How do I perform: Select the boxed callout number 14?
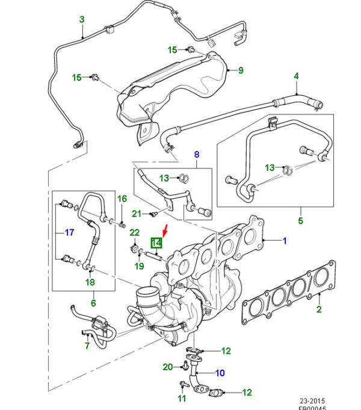pyautogui.click(x=156, y=243)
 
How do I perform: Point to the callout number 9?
pyautogui.click(x=241, y=70)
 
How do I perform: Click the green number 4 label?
pyautogui.click(x=296, y=76)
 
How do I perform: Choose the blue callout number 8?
pyautogui.click(x=196, y=155)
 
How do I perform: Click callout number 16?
pyautogui.click(x=122, y=199)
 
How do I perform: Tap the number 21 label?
pyautogui.click(x=137, y=214)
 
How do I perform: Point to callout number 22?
pyautogui.click(x=134, y=233)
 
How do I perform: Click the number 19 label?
pyautogui.click(x=138, y=266)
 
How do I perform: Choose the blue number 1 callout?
pyautogui.click(x=285, y=241)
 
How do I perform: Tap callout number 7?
pyautogui.click(x=87, y=346)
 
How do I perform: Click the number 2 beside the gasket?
pyautogui.click(x=319, y=309)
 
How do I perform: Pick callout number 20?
pyautogui.click(x=168, y=367)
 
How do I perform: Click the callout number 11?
pyautogui.click(x=181, y=399)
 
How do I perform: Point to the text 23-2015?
pyautogui.click(x=313, y=398)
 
